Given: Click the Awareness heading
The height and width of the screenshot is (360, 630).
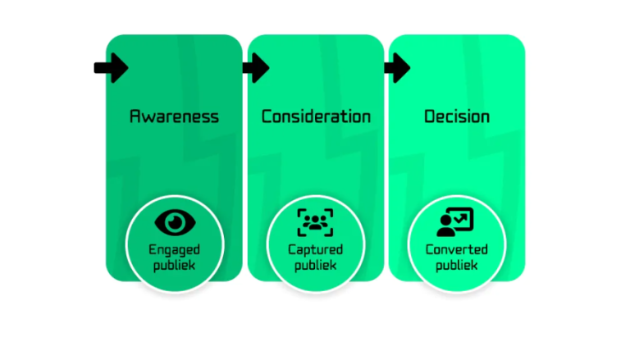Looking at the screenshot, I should point(174,116).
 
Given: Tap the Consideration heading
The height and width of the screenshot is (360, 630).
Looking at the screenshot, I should point(316,116).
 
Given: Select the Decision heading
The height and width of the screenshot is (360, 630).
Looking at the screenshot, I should point(457,116).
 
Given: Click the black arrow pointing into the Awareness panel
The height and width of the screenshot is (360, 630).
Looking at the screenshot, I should point(111,67).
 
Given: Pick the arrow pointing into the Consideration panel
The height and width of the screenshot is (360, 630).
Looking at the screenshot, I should point(255,67).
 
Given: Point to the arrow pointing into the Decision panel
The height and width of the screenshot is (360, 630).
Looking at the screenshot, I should point(396,67).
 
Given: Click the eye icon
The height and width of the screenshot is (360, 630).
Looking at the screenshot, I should point(174,221).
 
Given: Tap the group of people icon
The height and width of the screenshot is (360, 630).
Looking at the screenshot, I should point(316,221).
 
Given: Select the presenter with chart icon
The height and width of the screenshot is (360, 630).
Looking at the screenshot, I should point(456,221).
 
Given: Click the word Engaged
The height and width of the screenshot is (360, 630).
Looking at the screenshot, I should point(174,249).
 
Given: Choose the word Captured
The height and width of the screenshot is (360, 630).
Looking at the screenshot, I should point(316,249).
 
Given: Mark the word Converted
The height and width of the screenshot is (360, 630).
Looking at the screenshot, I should point(457,249).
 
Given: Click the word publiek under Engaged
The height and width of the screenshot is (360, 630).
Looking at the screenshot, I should point(174,265).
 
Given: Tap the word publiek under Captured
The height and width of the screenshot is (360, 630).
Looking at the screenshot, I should point(316,265).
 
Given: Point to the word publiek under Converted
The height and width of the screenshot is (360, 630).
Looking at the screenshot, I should point(457,265).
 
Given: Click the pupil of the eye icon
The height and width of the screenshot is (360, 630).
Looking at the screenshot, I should point(174,221).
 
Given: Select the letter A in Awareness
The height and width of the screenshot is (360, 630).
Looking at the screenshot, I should point(135,116).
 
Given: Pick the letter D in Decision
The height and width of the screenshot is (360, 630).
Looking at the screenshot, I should point(430,116).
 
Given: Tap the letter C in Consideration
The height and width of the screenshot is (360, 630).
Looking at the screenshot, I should point(267,116).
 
